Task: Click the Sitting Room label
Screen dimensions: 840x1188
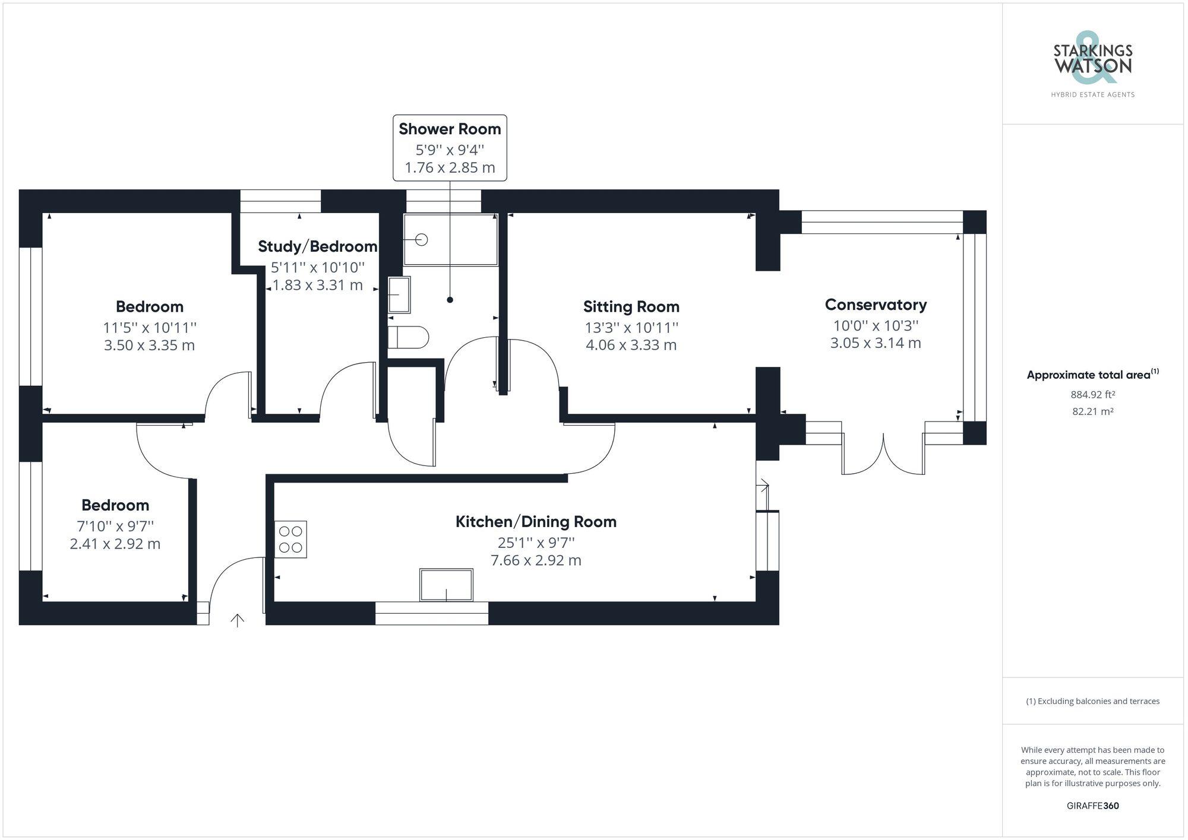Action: [631, 307]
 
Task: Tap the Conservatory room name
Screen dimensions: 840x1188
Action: [876, 305]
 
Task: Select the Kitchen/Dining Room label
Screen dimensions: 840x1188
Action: [536, 522]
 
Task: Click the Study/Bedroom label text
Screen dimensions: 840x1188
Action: [318, 246]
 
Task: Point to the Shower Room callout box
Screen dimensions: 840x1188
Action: [450, 148]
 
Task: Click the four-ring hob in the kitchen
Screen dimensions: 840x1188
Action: [290, 539]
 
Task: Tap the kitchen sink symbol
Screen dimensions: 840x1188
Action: [446, 585]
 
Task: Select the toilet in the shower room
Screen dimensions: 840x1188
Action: [409, 337]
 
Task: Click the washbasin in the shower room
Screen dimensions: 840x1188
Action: [399, 294]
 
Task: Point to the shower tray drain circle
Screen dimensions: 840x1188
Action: [422, 240]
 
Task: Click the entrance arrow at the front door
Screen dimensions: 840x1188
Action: [238, 620]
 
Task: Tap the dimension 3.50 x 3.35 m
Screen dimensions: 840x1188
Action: [149, 345]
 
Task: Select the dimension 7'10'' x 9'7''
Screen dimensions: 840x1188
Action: [115, 526]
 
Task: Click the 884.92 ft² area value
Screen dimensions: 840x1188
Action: [1092, 395]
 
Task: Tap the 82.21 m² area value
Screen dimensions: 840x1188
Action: [1092, 411]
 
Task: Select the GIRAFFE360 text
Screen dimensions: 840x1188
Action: [1092, 806]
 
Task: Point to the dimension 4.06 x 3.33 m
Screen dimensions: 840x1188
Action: [631, 345]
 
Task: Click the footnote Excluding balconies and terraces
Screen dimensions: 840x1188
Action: [1092, 701]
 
